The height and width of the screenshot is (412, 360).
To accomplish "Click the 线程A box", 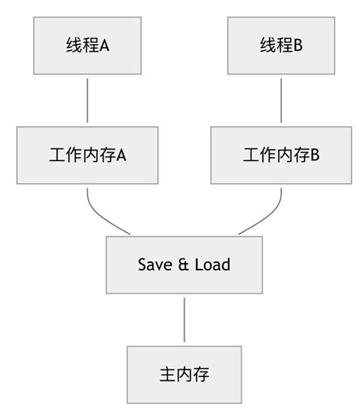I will tap(88, 45).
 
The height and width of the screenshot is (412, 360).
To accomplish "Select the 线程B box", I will tap(281, 45).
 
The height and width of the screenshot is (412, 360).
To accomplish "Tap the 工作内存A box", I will tap(88, 155).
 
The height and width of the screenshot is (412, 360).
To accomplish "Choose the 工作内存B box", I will tap(281, 155).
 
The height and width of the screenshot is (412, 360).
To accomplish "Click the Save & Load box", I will tap(185, 265).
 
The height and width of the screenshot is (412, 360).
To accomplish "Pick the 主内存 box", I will tap(185, 375).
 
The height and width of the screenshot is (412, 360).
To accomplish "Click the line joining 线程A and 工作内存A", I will tap(88, 99).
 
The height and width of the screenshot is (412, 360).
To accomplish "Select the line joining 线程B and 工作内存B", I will tap(281, 99).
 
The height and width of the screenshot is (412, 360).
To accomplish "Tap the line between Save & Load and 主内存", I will tap(185, 319).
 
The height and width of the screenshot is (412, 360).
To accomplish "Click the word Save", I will tap(153, 265).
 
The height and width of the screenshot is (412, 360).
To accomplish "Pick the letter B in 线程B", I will tap(298, 46).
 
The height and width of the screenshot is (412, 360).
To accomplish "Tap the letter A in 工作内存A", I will tap(121, 155).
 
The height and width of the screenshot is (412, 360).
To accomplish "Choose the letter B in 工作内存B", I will tap(314, 155).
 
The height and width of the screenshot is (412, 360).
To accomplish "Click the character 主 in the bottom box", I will tap(167, 375).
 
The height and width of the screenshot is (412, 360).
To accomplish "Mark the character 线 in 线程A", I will tap(74, 46).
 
